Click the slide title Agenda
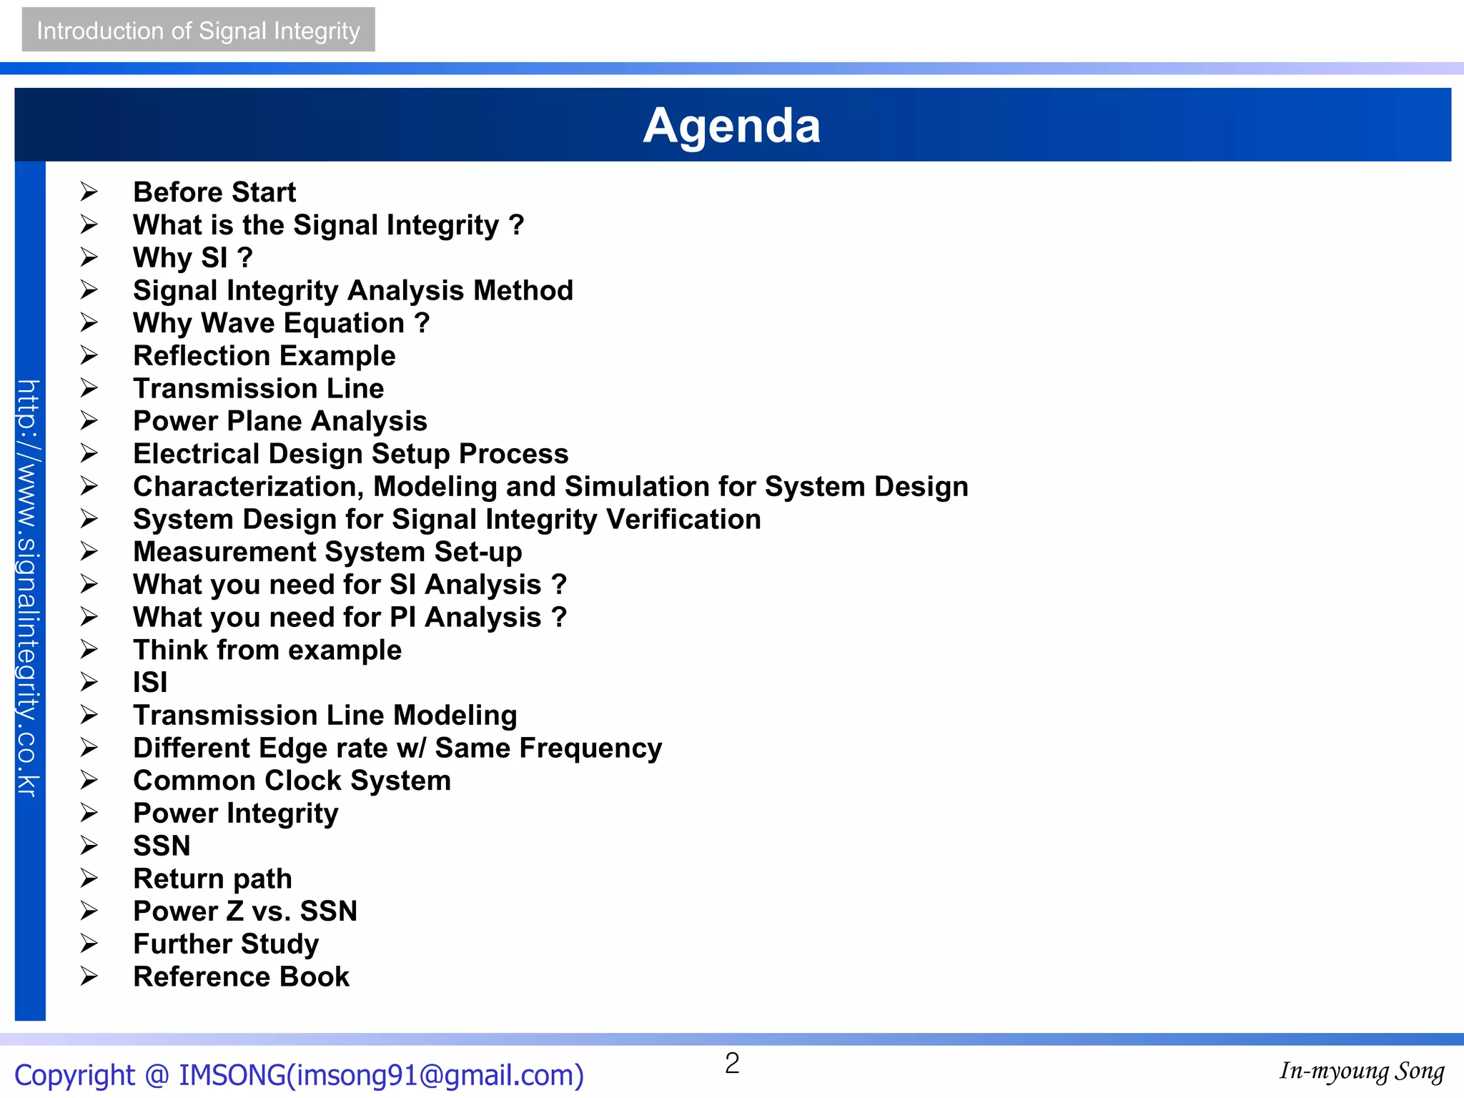tap(731, 126)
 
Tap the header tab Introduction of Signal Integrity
tap(198, 30)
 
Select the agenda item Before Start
tap(214, 192)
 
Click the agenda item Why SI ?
tap(192, 257)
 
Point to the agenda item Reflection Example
tap(264, 356)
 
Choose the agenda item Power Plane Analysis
tap(280, 421)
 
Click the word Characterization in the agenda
tap(245, 487)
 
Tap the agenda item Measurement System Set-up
tap(327, 552)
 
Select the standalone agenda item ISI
tap(150, 683)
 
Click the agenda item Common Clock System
tap(292, 781)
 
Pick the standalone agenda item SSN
tap(162, 846)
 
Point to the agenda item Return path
tap(212, 879)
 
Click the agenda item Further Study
tap(226, 944)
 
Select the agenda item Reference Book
tap(241, 977)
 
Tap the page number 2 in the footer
tap(732, 1064)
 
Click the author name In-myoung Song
tap(1362, 1072)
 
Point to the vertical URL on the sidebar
tap(29, 588)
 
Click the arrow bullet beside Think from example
tap(89, 649)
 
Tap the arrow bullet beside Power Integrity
tap(89, 813)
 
